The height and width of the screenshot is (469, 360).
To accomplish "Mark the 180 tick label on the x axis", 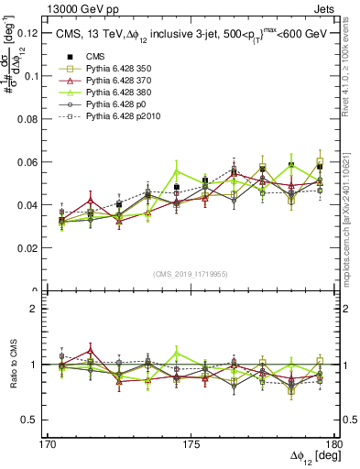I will click(x=333, y=442).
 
